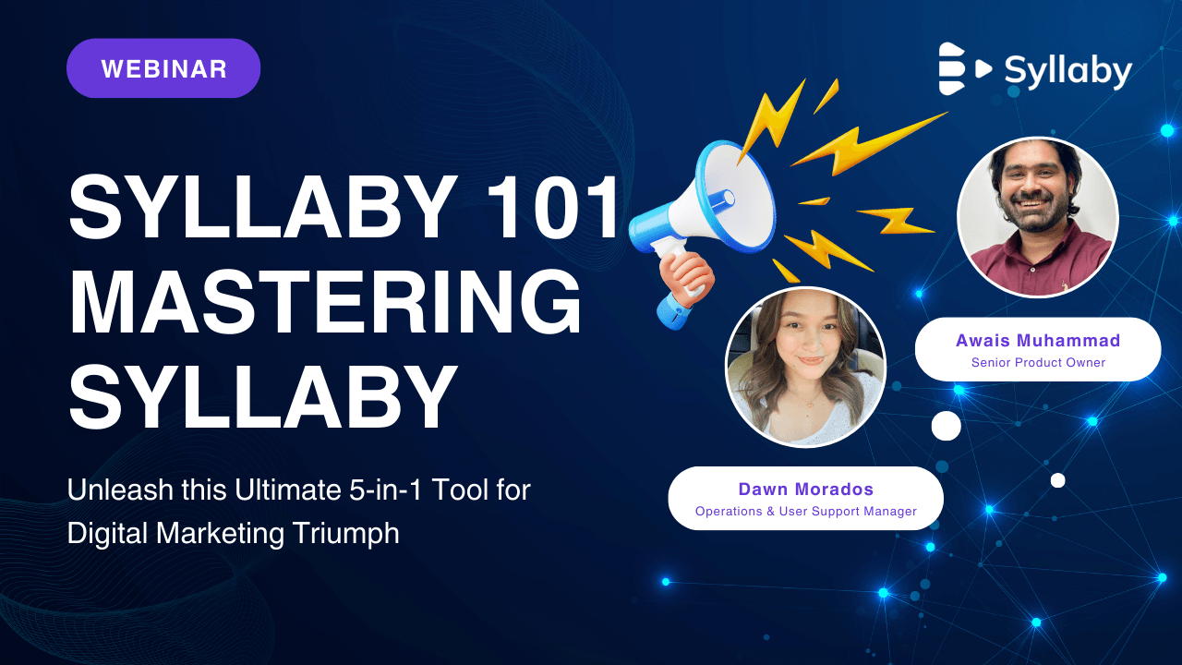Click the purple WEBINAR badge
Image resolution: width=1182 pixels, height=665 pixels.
163,68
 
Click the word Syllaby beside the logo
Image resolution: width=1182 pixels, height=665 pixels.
1067,70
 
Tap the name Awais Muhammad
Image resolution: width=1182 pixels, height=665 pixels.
1037,341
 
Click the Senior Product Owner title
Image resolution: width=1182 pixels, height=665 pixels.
1038,363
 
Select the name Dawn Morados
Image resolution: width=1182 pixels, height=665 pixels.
805,490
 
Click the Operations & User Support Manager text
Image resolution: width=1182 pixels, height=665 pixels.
805,512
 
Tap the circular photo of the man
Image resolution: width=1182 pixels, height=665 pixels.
1037,217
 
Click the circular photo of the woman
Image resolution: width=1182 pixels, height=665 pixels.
805,367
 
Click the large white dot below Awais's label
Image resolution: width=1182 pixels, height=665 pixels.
946,426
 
